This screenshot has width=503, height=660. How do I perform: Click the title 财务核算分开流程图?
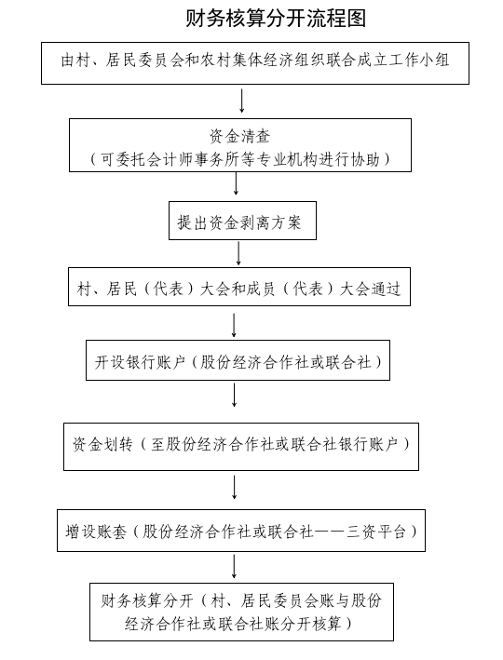point(276,19)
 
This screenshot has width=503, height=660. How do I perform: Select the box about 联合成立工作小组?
point(255,63)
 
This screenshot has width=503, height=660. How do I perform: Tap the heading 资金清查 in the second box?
point(239,137)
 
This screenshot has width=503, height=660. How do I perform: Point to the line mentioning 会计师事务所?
point(239,159)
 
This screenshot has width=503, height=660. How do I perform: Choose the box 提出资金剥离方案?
point(242,221)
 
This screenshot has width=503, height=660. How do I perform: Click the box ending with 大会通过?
point(239,287)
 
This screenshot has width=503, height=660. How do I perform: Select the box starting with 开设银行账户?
point(238,360)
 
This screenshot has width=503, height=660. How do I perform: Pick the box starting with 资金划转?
point(241,447)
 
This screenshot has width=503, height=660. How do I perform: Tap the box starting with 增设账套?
point(241,531)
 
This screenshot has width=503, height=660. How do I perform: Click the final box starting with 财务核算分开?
point(241,612)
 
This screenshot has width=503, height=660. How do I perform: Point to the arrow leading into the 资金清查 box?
point(242,101)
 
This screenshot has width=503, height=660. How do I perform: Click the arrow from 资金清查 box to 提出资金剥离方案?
point(236,183)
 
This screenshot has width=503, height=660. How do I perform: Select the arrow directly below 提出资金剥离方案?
point(238,253)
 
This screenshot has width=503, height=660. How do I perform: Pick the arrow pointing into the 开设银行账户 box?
point(234,325)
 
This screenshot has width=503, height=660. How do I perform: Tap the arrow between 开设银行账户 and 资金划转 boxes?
point(234,395)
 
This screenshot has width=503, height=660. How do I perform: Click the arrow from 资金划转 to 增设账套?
point(234,488)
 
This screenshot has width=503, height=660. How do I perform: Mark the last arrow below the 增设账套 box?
point(234,567)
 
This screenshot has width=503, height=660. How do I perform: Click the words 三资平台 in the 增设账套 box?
point(376,532)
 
